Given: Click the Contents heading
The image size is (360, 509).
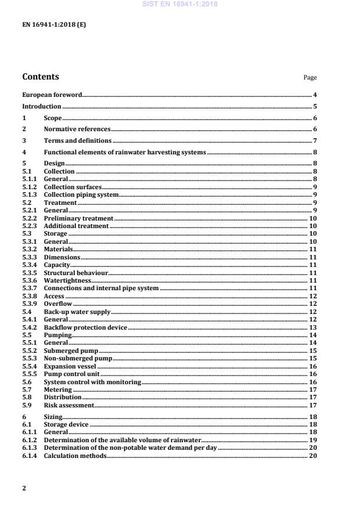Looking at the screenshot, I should click(x=40, y=77).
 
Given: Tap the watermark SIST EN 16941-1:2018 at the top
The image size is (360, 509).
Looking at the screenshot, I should click(x=179, y=5).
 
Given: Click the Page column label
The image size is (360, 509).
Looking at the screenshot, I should click(x=310, y=78).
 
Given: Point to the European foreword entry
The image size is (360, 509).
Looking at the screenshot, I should click(x=52, y=95).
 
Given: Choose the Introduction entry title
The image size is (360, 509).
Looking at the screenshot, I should click(x=41, y=106).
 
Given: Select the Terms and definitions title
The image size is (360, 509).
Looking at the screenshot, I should click(x=77, y=140).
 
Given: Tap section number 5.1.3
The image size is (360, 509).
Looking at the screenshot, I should click(x=30, y=195).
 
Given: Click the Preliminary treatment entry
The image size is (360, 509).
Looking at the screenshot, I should click(x=78, y=218).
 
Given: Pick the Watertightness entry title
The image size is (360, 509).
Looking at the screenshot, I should click(x=67, y=280).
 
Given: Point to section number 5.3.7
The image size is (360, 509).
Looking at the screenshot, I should click(x=30, y=288).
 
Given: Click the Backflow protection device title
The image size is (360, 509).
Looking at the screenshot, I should click(x=85, y=327).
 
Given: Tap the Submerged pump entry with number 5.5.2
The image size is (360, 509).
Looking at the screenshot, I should click(x=71, y=351).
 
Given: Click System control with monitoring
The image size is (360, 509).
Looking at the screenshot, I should click(x=92, y=382).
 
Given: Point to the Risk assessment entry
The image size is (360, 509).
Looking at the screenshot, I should click(x=69, y=405).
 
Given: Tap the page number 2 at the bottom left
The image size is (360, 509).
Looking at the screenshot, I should click(x=24, y=488).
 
